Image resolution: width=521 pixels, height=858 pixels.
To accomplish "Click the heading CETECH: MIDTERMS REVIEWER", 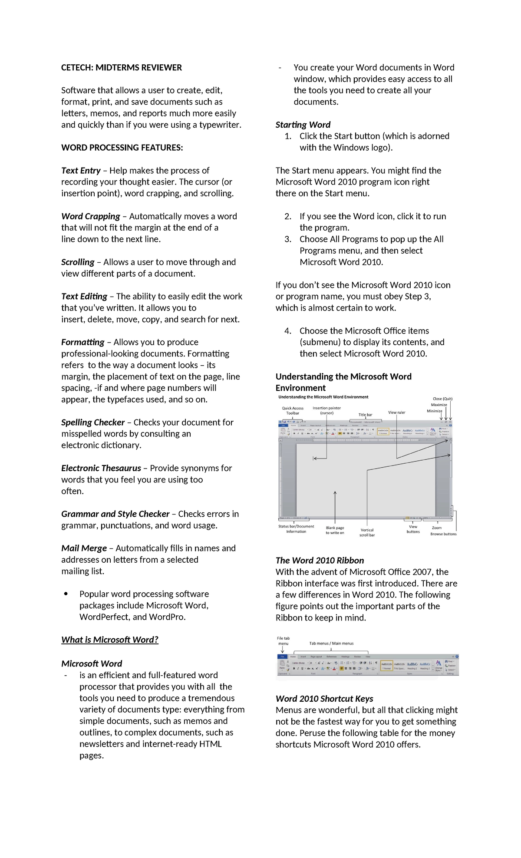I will [x=121, y=68].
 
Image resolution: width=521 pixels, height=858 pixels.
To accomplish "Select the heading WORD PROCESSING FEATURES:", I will [x=122, y=148].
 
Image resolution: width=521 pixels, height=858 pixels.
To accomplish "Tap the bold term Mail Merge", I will [x=84, y=548].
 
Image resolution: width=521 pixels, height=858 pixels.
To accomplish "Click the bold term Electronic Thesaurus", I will [x=101, y=468].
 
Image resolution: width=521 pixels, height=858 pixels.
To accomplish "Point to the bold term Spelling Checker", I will [x=92, y=422].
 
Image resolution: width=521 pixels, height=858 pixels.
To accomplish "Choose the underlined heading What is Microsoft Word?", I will [x=110, y=640].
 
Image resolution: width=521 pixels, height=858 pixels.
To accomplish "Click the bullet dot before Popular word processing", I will [x=66, y=594].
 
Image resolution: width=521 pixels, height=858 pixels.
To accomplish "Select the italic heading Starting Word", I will [x=303, y=125].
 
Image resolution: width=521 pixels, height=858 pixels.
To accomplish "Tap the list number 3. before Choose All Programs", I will [x=288, y=239].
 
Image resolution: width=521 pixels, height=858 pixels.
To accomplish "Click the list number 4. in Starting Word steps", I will [x=288, y=331].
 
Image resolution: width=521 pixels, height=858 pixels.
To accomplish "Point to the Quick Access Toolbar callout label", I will [x=293, y=411].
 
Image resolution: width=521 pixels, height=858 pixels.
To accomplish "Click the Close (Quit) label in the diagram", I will [x=442, y=399].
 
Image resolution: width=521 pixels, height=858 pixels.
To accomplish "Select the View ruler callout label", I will [x=396, y=412].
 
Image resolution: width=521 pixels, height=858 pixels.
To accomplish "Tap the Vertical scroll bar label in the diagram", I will [x=367, y=532].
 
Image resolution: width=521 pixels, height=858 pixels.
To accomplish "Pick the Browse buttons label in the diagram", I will [x=443, y=534].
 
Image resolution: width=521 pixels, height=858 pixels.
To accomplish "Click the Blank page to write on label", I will [x=335, y=530].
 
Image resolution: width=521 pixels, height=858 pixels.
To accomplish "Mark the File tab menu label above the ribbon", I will [x=283, y=641].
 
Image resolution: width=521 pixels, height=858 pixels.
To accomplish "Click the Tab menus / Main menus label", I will [x=331, y=643].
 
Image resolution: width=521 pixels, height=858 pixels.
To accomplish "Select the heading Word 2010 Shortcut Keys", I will [x=324, y=699].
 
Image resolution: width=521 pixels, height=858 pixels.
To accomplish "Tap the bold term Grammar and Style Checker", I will [x=115, y=514].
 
